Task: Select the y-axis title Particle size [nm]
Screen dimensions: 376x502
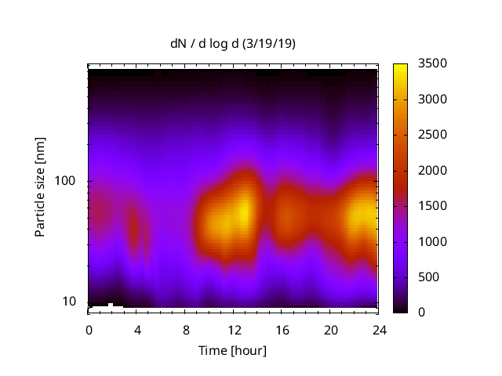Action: coord(40,196)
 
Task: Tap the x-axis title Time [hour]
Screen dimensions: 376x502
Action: coord(233,350)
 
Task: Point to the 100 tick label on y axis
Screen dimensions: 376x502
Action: coord(64,181)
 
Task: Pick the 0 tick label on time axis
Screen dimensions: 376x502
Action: coord(89,329)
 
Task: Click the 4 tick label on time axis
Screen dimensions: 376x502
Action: coord(136,329)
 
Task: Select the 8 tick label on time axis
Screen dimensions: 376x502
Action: coord(185,329)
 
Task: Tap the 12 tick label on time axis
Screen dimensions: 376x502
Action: coord(233,329)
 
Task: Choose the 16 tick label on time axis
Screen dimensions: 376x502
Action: coord(282,329)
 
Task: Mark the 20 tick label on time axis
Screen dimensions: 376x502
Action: coord(329,329)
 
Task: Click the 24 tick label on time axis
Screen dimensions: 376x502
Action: coord(378,329)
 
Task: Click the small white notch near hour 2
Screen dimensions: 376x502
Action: coord(111,304)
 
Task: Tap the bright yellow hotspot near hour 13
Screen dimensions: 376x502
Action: coord(245,211)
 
